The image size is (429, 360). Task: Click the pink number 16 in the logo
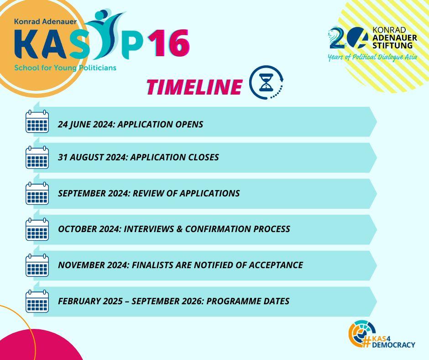click(x=169, y=43)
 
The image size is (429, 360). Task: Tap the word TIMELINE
click(x=194, y=87)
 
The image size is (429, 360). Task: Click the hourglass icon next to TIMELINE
click(x=266, y=82)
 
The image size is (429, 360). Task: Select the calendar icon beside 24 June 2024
click(x=37, y=122)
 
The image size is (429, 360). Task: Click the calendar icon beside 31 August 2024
click(x=37, y=157)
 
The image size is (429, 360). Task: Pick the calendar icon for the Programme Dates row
click(x=37, y=301)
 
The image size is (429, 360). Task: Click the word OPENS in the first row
click(x=189, y=124)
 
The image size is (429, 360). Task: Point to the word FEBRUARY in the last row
click(x=76, y=301)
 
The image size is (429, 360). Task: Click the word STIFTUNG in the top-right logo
click(x=392, y=45)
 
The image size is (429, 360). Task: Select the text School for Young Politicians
click(x=65, y=68)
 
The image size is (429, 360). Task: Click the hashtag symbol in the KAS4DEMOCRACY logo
click(x=366, y=342)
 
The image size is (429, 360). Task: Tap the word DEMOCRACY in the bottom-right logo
click(x=393, y=344)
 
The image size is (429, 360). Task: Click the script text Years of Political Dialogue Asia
click(x=372, y=57)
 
